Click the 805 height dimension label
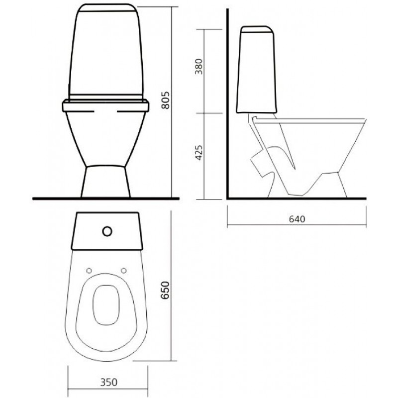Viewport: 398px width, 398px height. (166, 100)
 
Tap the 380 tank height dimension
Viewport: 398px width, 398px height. (199, 67)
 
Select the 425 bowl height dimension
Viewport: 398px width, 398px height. (199, 153)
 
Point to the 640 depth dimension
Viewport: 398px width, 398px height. (297, 219)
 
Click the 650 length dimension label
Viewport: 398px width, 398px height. (166, 290)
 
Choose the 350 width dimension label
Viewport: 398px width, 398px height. (108, 382)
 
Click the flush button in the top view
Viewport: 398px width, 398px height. (107, 231)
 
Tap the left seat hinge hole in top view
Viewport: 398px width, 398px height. (89, 271)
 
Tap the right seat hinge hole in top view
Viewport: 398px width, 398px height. (123, 271)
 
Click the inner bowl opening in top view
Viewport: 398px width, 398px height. (106, 305)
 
